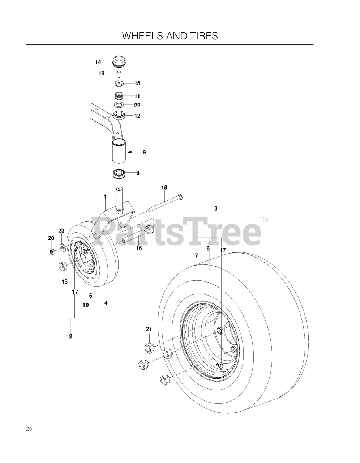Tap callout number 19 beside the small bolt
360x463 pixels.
(102, 73)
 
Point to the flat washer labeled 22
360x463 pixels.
(119, 105)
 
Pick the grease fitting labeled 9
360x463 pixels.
(130, 152)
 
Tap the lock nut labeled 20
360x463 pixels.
(52, 252)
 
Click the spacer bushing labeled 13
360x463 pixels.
(63, 267)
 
